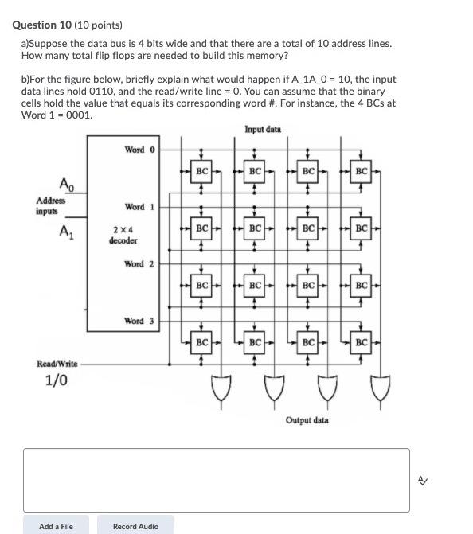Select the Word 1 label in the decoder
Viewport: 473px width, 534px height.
[140, 207]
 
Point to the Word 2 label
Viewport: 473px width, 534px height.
[140, 263]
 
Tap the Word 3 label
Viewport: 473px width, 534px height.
[139, 321]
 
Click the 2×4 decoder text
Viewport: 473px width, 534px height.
[123, 235]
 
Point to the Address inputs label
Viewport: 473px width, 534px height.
[50, 205]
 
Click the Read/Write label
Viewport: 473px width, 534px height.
[57, 364]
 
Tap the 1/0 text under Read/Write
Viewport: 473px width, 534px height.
[56, 380]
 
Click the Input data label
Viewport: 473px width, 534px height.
[262, 129]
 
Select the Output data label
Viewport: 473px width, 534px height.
[307, 420]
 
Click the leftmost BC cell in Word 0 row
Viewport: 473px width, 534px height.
[201, 171]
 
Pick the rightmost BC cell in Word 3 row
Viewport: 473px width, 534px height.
[362, 343]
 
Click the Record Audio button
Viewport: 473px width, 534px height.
[135, 526]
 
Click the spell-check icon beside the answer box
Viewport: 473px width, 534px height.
[423, 480]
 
